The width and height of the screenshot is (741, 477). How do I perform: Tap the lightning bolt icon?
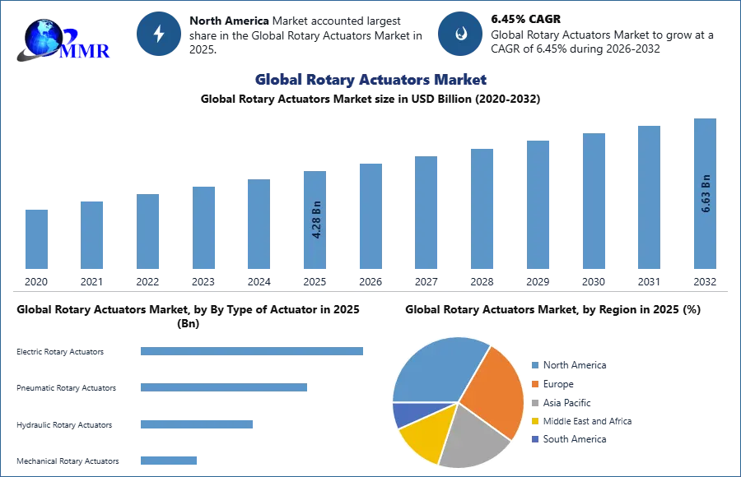click(x=160, y=34)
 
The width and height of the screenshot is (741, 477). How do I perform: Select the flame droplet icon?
click(x=460, y=34)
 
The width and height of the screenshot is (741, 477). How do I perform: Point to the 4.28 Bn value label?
click(x=316, y=220)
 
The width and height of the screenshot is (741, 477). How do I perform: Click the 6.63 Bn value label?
click(x=706, y=194)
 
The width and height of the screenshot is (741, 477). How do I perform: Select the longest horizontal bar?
click(x=253, y=350)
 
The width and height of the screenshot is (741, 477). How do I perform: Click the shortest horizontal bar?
click(x=168, y=461)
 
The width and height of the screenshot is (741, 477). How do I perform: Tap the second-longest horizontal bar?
click(x=224, y=387)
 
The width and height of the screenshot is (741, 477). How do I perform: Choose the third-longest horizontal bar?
click(x=198, y=424)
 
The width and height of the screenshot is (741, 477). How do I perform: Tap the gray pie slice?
click(x=473, y=436)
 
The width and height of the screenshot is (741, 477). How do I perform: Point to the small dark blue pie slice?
click(x=405, y=413)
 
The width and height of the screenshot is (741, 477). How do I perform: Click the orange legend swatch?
click(x=534, y=384)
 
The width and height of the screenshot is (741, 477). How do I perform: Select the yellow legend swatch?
click(x=534, y=421)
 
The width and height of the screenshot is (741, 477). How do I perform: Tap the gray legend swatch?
click(x=534, y=403)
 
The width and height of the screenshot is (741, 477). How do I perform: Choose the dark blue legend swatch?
click(x=534, y=441)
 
